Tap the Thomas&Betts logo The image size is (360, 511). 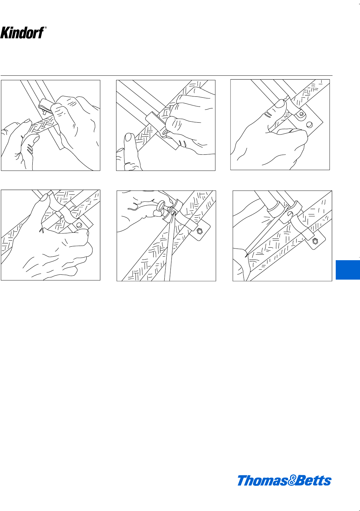point(284,480)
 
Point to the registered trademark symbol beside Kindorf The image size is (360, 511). point(46,28)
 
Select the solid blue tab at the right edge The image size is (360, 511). point(348,270)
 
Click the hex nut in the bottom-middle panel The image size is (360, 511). point(200,231)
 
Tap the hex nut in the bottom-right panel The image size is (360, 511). point(315,241)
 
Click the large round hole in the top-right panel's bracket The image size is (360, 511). point(310,125)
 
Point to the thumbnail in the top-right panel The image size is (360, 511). point(280,104)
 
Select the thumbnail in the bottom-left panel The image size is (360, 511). point(44,197)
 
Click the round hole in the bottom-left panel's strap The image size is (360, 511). point(79,225)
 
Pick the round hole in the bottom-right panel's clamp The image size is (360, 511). point(290,214)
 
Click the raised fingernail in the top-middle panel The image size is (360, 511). point(129,137)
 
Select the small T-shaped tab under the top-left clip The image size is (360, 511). point(44,111)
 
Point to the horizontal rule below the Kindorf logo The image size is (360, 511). point(167,75)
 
